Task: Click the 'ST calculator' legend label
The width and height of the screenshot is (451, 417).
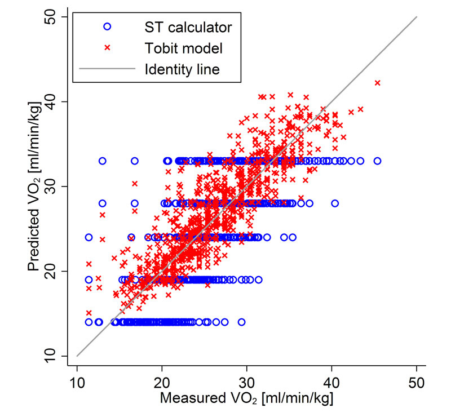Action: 188,26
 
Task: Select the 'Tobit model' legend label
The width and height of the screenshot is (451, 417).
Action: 183,48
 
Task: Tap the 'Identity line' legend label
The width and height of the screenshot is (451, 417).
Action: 182,70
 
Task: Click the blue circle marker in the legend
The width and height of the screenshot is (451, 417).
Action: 108,26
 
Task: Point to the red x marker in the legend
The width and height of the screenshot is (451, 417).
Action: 108,48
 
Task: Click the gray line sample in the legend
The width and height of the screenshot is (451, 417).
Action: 108,70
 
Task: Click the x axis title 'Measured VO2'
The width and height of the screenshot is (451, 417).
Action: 247,398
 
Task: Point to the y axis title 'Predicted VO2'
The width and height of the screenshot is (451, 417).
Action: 35,186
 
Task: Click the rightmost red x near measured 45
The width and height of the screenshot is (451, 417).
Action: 378,83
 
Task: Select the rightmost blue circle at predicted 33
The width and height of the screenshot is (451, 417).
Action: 377,161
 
